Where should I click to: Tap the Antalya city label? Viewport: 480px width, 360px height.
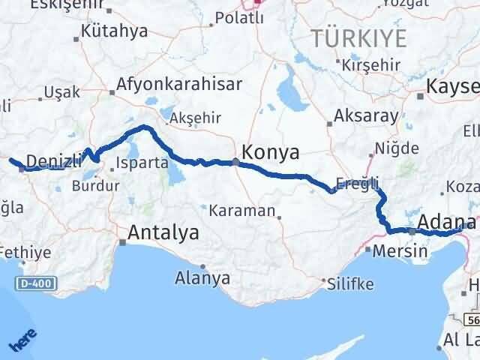click(164, 233)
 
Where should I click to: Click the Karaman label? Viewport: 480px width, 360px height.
click(242, 211)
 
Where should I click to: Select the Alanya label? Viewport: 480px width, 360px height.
click(202, 278)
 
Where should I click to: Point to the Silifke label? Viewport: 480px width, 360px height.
click(351, 283)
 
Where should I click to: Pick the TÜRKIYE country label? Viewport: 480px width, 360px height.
click(359, 38)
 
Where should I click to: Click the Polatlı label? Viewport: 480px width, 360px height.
click(239, 18)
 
